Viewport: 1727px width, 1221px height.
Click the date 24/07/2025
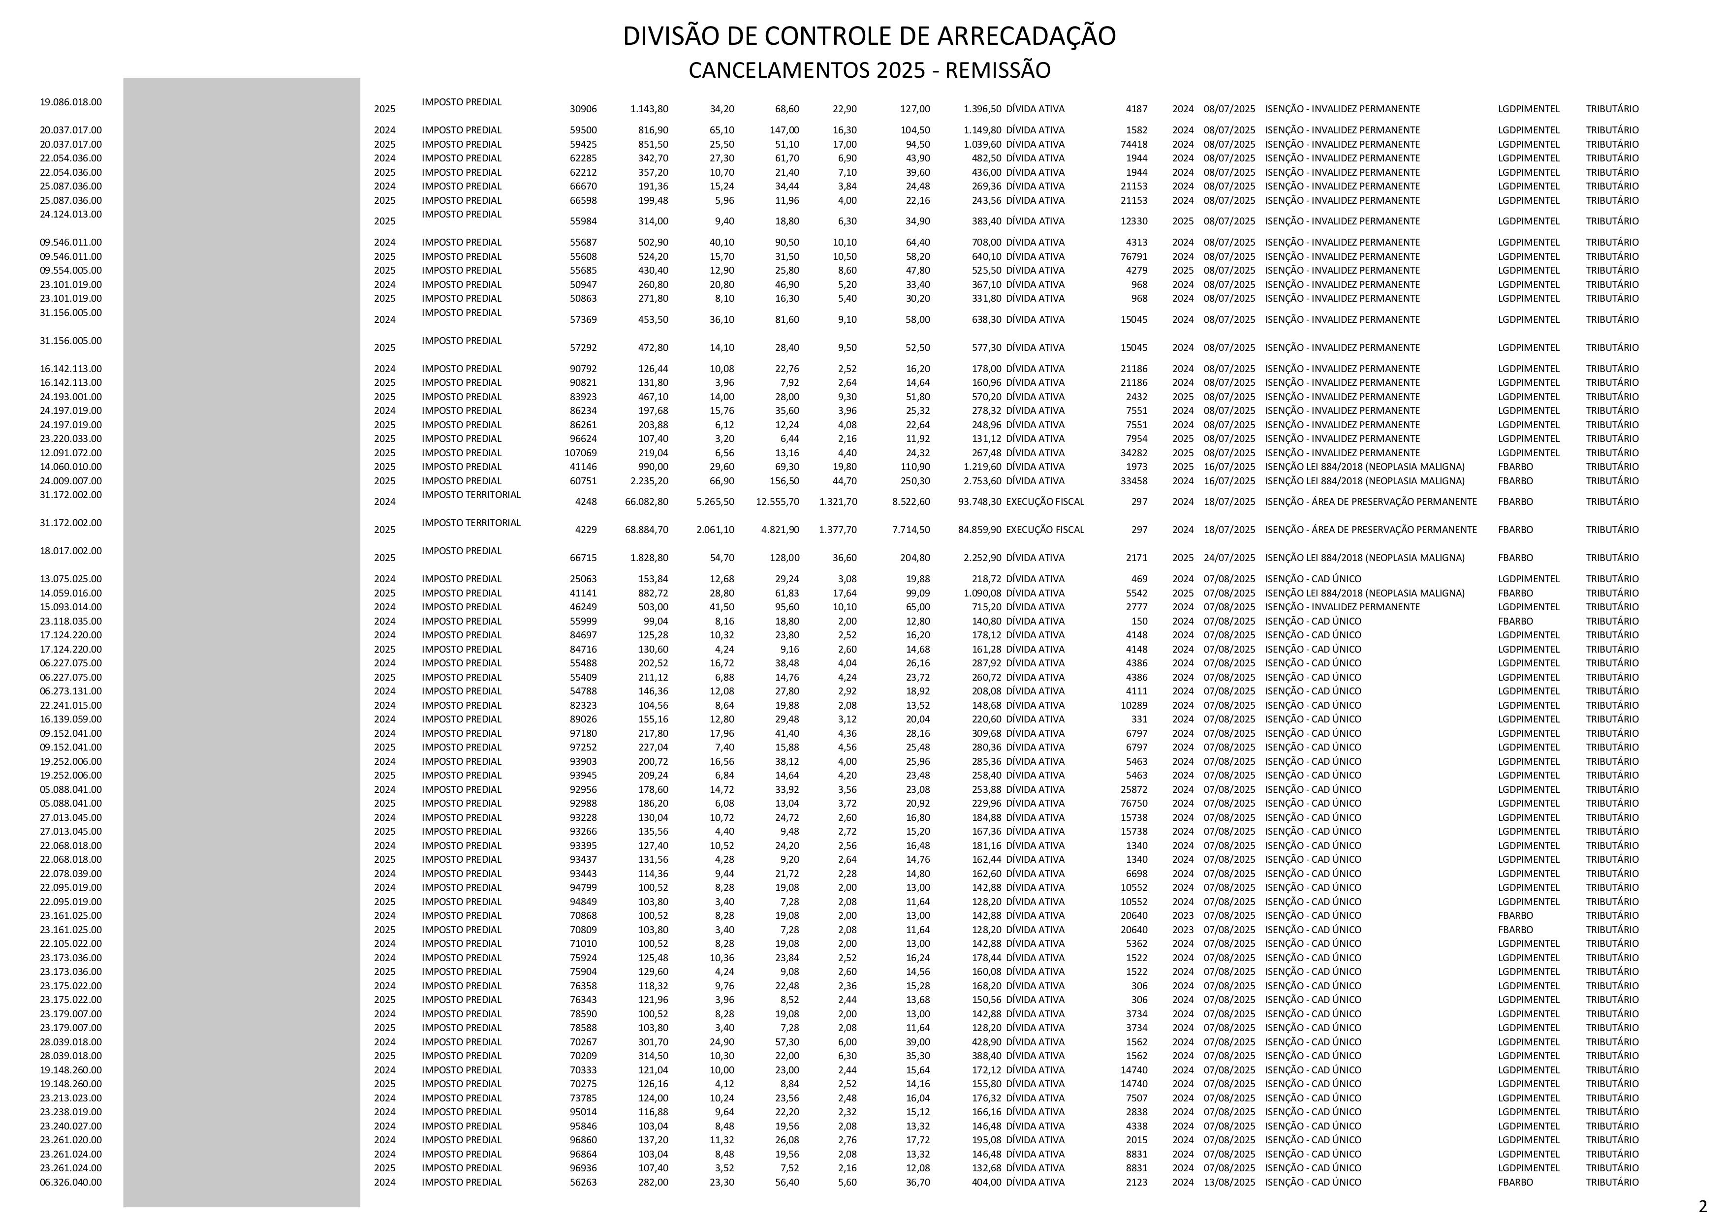[x=1229, y=558]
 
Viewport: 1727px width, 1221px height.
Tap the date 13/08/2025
[x=1229, y=1182]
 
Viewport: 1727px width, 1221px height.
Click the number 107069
[x=581, y=453]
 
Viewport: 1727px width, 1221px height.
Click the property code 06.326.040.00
[x=71, y=1182]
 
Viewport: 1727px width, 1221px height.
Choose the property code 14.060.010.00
[x=71, y=467]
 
